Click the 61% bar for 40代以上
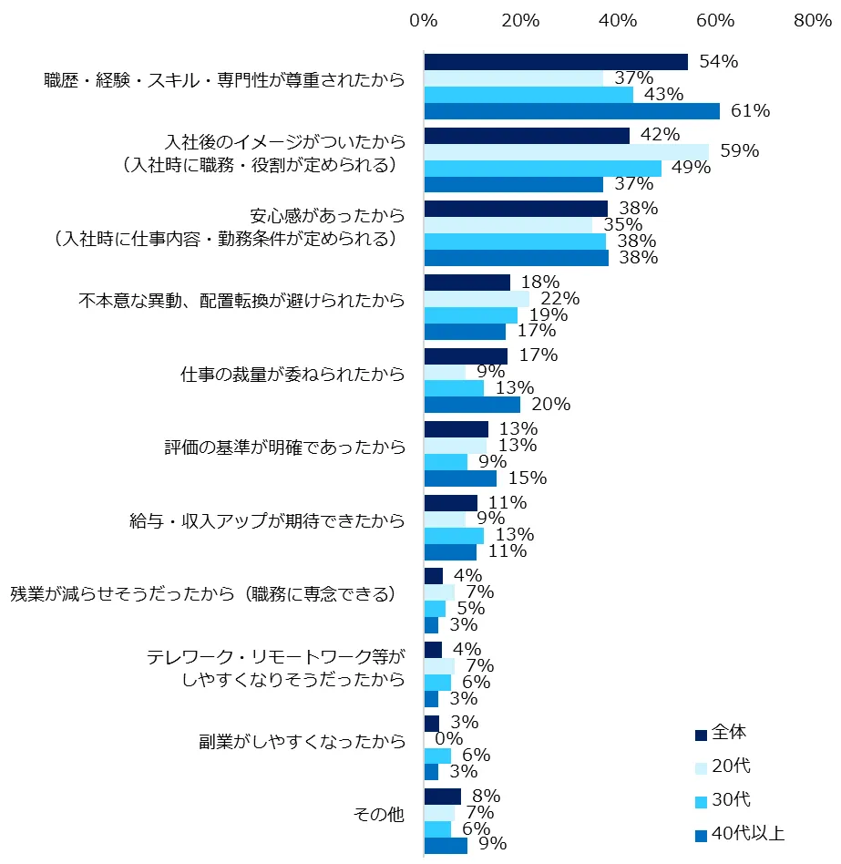pyautogui.click(x=571, y=111)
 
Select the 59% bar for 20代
pyautogui.click(x=566, y=151)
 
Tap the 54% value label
pyautogui.click(x=718, y=62)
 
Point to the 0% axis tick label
pyautogui.click(x=424, y=20)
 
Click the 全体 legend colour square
pyautogui.click(x=701, y=735)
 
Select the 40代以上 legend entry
pyautogui.click(x=748, y=833)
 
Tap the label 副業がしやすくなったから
pyautogui.click(x=302, y=740)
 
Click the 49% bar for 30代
pyautogui.click(x=542, y=168)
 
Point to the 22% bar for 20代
pyautogui.click(x=477, y=298)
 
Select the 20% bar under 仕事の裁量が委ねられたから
pyautogui.click(x=472, y=405)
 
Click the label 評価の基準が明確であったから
pyautogui.click(x=284, y=447)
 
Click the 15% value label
pyautogui.click(x=528, y=478)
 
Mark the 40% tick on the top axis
pyautogui.click(x=618, y=20)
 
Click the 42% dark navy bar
pyautogui.click(x=527, y=135)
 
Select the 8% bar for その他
pyautogui.click(x=443, y=797)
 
